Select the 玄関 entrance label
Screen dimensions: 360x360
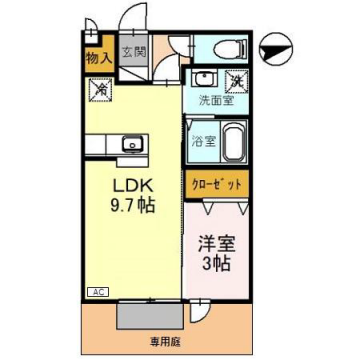134,50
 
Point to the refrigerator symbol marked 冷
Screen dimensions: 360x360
101,89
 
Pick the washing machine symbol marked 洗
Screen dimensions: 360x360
236,82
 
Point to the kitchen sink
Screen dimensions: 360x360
131,145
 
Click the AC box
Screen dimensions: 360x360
98,292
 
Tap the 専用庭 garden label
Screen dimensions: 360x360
166,340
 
